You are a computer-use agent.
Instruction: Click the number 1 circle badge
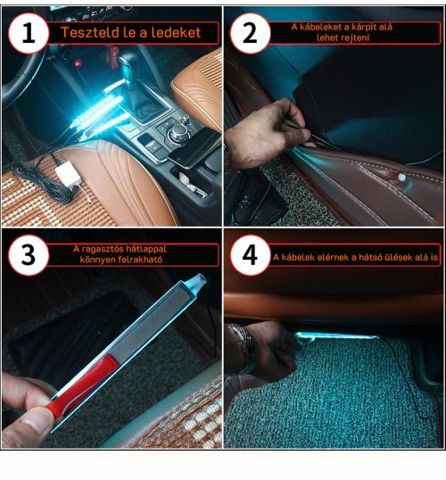tap(29, 33)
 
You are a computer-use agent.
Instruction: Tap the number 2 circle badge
tap(250, 33)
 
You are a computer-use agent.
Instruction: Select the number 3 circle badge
tap(29, 255)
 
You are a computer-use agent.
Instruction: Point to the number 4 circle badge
tap(250, 255)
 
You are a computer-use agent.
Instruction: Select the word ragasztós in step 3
tap(101, 249)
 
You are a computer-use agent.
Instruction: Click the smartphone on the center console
tap(194, 148)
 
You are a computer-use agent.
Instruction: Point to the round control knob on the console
tap(178, 133)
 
